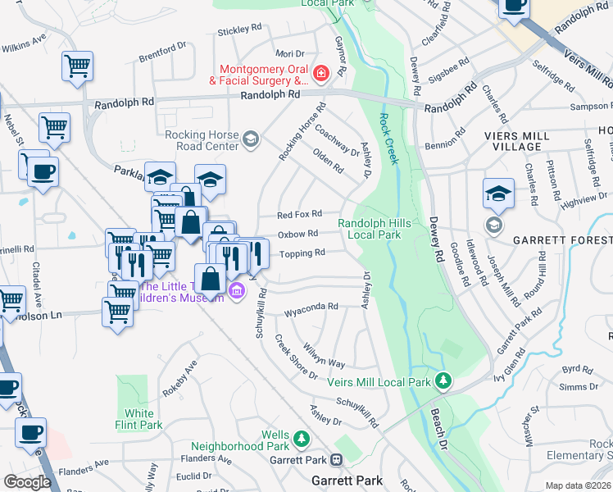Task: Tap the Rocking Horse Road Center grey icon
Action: coord(251,141)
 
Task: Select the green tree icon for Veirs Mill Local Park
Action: coord(443,380)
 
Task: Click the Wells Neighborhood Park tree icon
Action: coord(302,440)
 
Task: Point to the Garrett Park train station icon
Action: coord(336,461)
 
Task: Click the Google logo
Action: coord(28,481)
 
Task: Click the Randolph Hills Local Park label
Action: coord(370,229)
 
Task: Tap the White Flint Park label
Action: coord(143,419)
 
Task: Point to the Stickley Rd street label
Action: coord(239,30)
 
